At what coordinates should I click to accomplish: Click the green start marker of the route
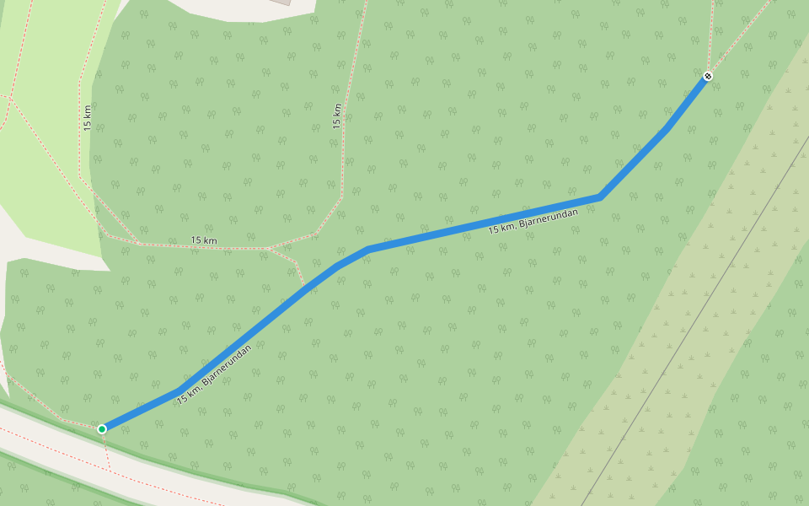102,429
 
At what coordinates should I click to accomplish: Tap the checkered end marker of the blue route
709,76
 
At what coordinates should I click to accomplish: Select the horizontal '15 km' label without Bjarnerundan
204,241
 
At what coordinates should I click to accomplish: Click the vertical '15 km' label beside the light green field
88,117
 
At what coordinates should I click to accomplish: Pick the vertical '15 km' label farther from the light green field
337,116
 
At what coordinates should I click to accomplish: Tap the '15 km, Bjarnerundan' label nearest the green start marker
215,374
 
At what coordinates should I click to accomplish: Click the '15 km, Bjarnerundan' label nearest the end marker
533,221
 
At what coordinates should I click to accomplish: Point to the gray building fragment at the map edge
281,2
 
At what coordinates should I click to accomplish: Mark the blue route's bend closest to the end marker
667,128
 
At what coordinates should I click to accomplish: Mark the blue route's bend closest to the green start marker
180,390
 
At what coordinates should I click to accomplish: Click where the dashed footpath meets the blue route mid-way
307,288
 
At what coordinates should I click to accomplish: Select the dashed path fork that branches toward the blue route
270,249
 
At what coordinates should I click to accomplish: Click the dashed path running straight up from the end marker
711,34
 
